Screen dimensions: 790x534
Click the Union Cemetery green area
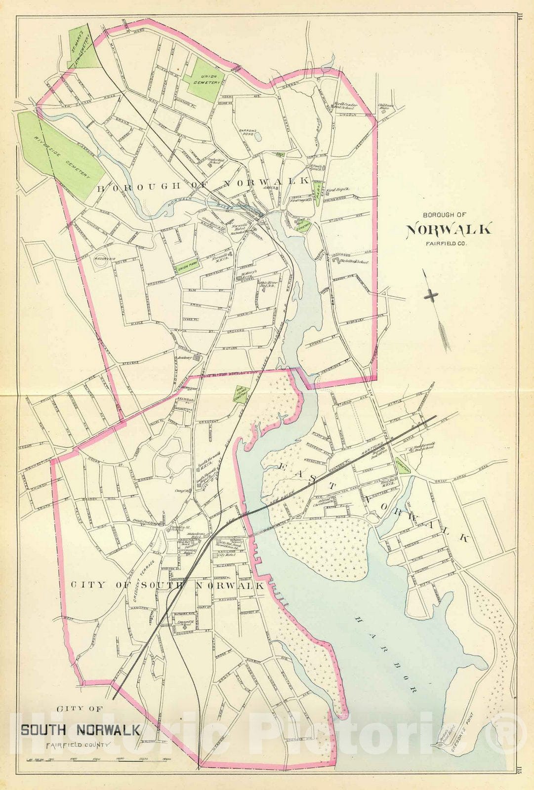pyautogui.click(x=204, y=79)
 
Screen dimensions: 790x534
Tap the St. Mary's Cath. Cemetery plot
pyautogui.click(x=82, y=48)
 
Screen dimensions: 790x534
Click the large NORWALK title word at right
pyautogui.click(x=449, y=230)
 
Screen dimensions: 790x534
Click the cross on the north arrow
pyautogui.click(x=431, y=296)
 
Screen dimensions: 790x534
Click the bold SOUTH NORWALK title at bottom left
pyautogui.click(x=80, y=729)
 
